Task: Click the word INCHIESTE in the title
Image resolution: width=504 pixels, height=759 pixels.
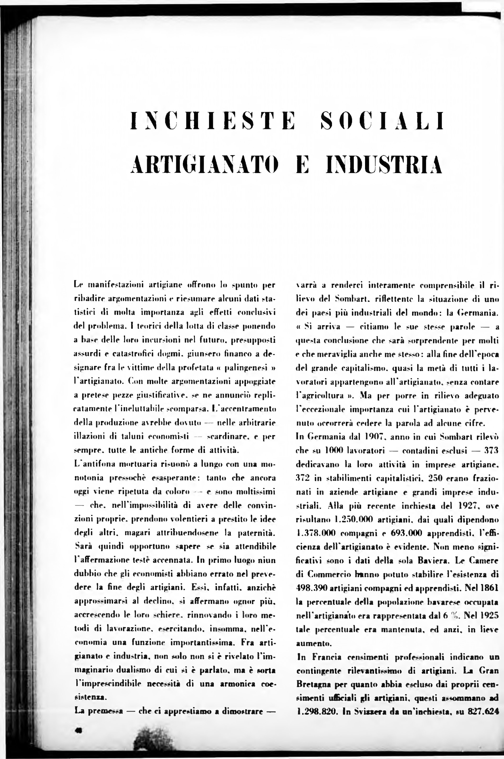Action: pyautogui.click(x=212, y=121)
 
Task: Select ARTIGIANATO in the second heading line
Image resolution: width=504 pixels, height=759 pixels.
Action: pyautogui.click(x=204, y=165)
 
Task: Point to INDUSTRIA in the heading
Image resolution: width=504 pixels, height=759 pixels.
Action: pyautogui.click(x=384, y=165)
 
